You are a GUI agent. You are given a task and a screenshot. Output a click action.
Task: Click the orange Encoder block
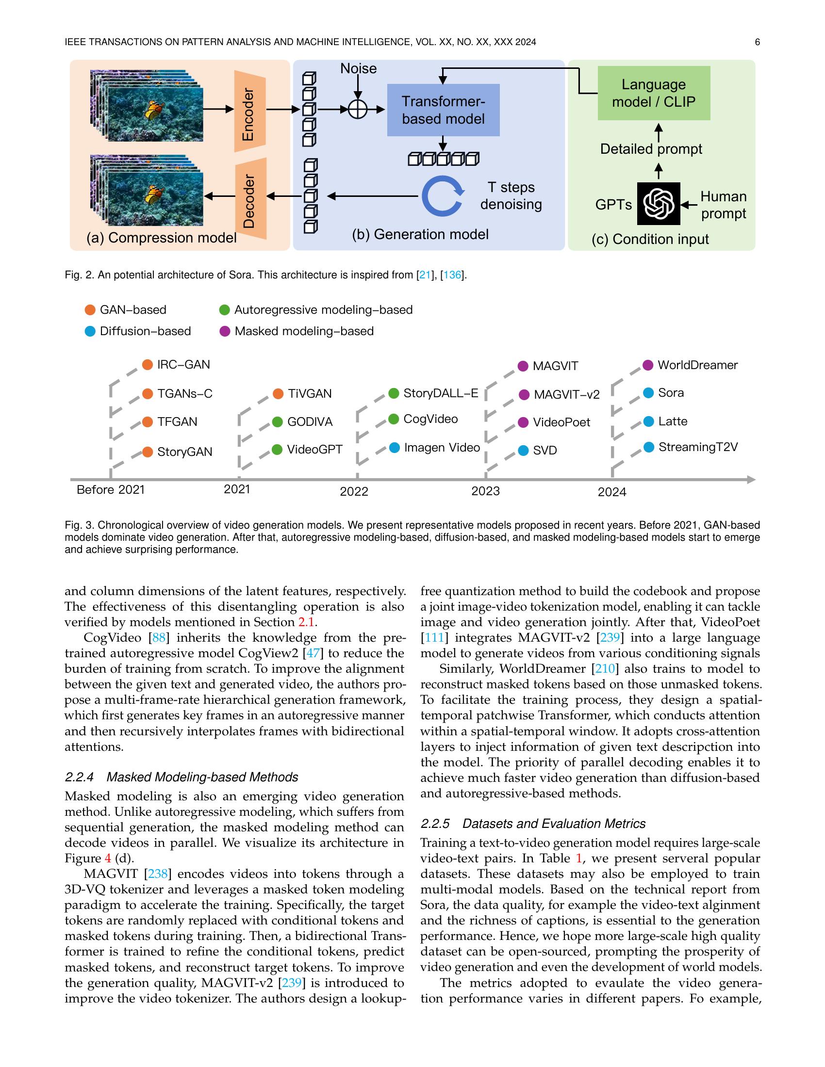pos(250,114)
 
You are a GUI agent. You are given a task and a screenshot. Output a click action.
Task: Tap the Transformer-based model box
pos(443,110)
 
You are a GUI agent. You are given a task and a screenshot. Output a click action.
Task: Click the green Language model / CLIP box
pos(654,93)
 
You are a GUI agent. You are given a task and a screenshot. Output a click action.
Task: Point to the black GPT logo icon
pos(659,203)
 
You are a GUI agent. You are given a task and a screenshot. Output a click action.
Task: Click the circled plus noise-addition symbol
pos(358,110)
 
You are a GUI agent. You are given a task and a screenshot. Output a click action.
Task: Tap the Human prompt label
pos(724,205)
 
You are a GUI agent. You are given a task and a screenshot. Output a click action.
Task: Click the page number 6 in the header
pos(757,42)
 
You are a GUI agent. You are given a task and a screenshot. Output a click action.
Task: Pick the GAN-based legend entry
pos(126,310)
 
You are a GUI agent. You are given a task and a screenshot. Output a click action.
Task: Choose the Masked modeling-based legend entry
pos(297,331)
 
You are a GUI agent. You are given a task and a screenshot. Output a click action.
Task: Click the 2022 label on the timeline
pos(354,491)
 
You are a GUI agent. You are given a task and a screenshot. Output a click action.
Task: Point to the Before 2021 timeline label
pos(111,489)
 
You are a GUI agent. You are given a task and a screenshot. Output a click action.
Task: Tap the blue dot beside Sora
pos(648,393)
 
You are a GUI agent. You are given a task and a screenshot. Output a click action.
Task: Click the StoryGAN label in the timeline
pos(185,452)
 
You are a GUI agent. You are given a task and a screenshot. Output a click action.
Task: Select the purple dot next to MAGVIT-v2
pos(524,395)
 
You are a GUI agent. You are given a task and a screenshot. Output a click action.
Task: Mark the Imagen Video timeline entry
pos(435,448)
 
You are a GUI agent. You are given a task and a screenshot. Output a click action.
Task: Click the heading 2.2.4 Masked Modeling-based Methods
pos(181,777)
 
